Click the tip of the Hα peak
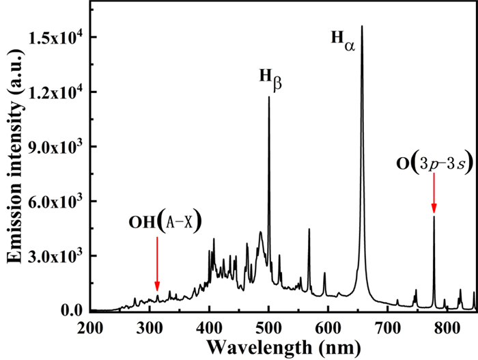(362, 27)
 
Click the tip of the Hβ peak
(269, 97)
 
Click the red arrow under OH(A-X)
(157, 263)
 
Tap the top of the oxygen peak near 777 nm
(434, 217)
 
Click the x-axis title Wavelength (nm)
(281, 346)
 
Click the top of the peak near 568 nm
(309, 229)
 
